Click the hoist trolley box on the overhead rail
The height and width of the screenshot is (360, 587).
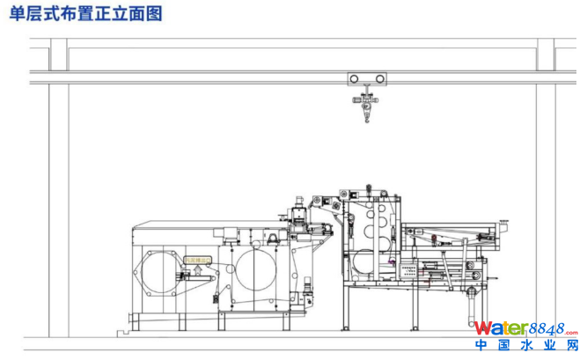tap(366, 78)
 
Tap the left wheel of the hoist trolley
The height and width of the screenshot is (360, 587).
tap(354, 78)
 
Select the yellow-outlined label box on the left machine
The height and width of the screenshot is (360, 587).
tap(199, 261)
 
